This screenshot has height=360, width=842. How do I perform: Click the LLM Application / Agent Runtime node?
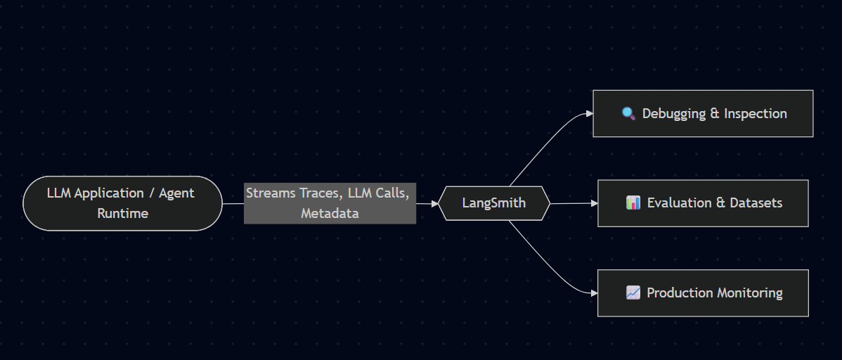(x=123, y=203)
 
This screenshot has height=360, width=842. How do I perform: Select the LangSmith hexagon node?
(x=494, y=203)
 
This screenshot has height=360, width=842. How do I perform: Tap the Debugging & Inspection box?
(x=703, y=113)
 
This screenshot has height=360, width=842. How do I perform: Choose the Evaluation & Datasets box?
(x=703, y=203)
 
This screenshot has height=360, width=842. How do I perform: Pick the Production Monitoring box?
(x=703, y=293)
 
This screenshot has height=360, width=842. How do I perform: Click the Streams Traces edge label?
(x=330, y=203)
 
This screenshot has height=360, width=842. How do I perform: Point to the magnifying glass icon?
(x=629, y=113)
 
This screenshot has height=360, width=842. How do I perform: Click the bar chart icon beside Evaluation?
(x=633, y=203)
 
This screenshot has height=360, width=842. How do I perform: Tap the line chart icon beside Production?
(x=633, y=293)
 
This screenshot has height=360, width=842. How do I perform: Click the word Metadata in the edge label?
(x=330, y=213)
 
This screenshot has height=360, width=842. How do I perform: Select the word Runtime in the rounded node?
(x=123, y=213)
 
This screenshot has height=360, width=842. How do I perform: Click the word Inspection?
(x=756, y=113)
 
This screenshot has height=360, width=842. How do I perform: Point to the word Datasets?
(x=756, y=203)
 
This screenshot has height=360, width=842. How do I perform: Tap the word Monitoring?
(x=749, y=293)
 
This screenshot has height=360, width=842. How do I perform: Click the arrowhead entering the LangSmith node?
(x=434, y=203)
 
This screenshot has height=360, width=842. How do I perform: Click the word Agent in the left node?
(x=176, y=193)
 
